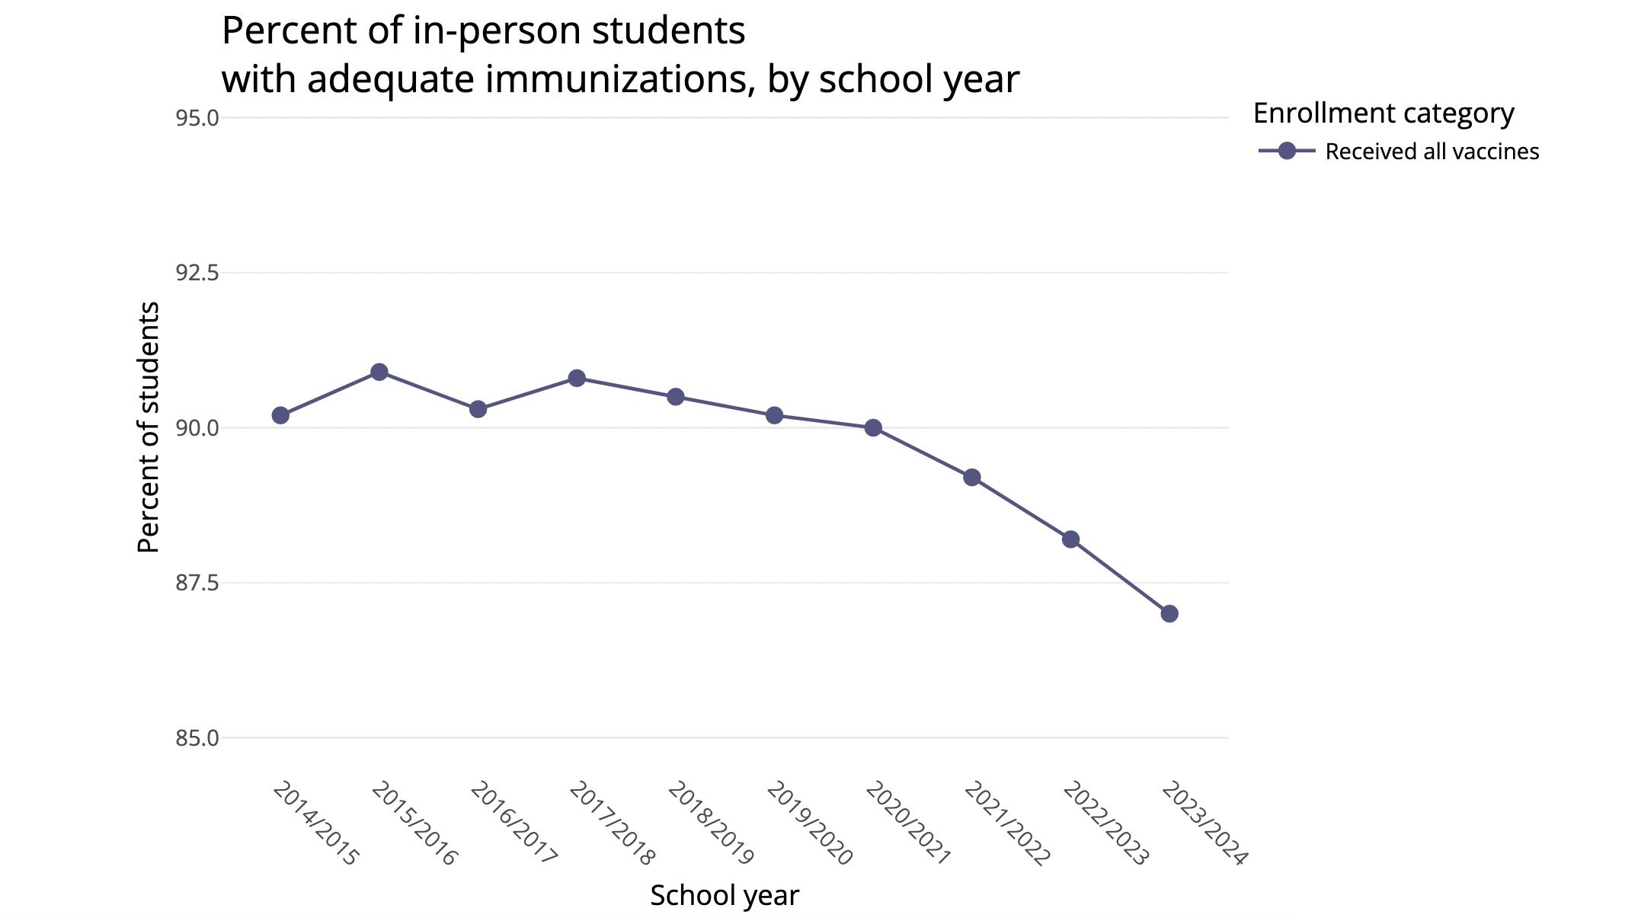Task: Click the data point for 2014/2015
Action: (280, 415)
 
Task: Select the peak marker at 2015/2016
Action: (379, 372)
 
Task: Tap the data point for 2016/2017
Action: (478, 409)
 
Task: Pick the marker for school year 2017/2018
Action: (577, 378)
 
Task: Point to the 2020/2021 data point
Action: (873, 428)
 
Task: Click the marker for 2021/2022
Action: (972, 478)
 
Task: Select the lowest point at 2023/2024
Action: (1169, 613)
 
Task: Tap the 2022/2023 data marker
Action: (1070, 539)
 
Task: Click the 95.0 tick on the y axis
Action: (197, 118)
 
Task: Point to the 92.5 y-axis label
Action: (197, 273)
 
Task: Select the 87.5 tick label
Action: (197, 583)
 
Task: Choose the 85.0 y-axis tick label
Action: (197, 738)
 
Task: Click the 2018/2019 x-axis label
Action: (711, 823)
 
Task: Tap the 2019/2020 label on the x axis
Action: (809, 823)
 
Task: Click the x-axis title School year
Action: (724, 896)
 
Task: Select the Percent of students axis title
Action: (149, 427)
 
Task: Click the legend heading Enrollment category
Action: (1383, 114)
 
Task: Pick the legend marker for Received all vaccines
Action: (1287, 151)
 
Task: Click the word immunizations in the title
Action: (615, 79)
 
